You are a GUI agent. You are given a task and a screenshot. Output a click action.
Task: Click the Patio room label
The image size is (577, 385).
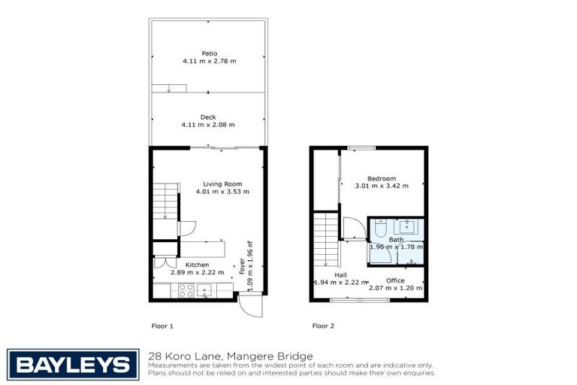coord(208,53)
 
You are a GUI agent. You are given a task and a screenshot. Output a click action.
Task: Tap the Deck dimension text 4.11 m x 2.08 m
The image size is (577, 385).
coord(208,125)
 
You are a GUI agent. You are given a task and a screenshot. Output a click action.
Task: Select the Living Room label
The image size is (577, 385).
coord(222,183)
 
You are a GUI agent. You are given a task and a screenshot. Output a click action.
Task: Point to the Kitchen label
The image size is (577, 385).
coord(197,265)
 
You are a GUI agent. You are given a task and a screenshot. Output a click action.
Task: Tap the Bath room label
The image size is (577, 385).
coord(396,239)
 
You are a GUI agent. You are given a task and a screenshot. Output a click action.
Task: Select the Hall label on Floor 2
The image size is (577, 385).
coord(340,274)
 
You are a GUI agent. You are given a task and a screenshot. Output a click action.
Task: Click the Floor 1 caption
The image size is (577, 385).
coord(163,326)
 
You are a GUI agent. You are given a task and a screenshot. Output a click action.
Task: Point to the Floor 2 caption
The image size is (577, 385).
coord(323,326)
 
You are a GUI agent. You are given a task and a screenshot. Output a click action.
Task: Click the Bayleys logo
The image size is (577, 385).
coord(73,365)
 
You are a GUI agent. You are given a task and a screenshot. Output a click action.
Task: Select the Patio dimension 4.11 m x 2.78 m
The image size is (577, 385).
coord(208,61)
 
